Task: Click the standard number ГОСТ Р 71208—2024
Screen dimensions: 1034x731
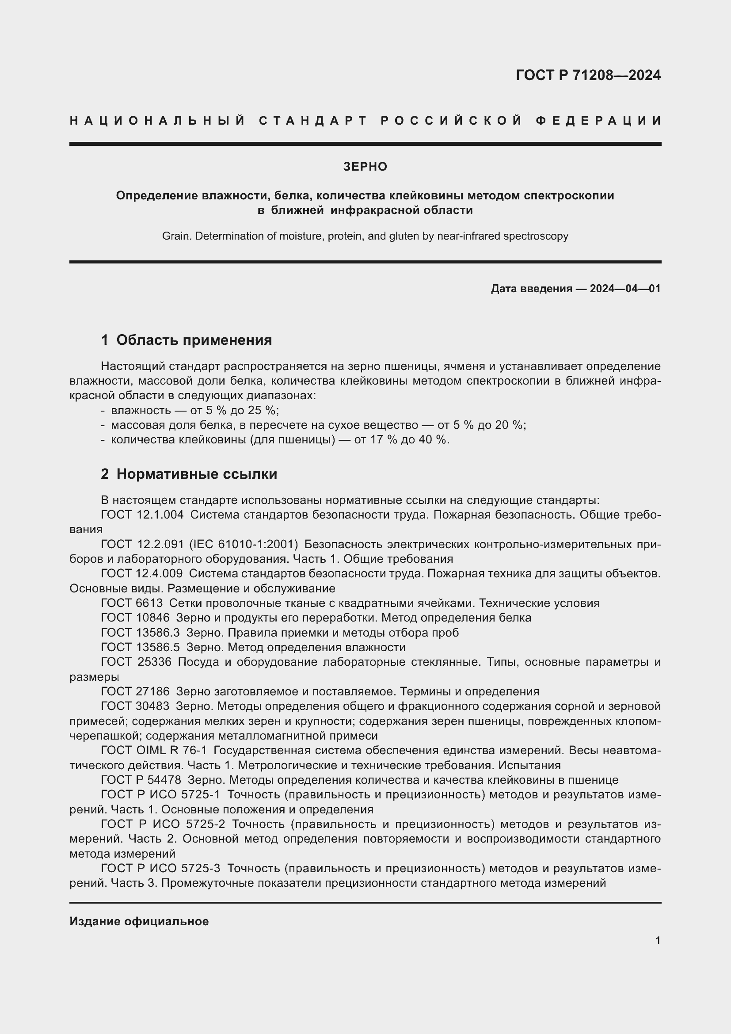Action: [588, 75]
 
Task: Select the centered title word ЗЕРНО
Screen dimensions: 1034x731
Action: [365, 167]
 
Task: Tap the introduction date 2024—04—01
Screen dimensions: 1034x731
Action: [625, 289]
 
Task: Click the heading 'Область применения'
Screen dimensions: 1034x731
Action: [194, 340]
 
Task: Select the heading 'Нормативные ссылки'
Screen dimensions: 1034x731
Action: [197, 474]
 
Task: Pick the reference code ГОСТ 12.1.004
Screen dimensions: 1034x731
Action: [142, 515]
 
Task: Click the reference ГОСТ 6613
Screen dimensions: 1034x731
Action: [131, 603]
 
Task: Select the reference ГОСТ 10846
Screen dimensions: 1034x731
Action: [135, 618]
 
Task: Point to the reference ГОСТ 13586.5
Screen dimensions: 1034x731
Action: [140, 647]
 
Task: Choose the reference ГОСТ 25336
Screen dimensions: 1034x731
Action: [136, 662]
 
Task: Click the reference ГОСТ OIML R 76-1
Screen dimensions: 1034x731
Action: [153, 751]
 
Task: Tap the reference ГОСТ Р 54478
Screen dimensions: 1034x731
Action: [141, 780]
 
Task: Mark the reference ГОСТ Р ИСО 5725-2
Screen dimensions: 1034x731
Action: [163, 824]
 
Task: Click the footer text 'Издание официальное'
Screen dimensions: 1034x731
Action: [139, 921]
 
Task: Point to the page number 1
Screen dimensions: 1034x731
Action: [658, 941]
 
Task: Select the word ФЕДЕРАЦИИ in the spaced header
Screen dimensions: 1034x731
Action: [598, 121]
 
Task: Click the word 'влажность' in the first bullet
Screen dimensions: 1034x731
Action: [139, 410]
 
